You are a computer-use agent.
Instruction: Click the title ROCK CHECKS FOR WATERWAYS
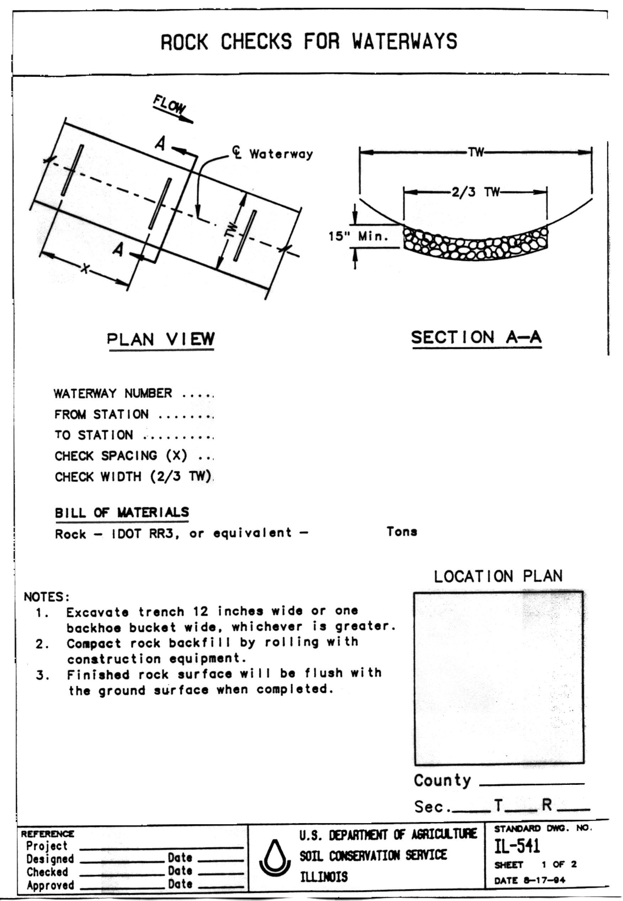[x=308, y=42]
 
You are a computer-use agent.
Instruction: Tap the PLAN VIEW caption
[x=161, y=339]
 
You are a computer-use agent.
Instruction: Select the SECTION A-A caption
[x=476, y=338]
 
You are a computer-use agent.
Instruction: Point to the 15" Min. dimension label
[x=358, y=236]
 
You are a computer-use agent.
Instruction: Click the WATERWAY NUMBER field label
[x=113, y=393]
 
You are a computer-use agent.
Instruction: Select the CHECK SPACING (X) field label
[x=121, y=455]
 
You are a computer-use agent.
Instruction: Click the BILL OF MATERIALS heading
[x=122, y=513]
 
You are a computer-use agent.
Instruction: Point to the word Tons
[x=402, y=532]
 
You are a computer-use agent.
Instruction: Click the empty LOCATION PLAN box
[x=499, y=678]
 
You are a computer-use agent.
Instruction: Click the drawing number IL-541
[x=517, y=846]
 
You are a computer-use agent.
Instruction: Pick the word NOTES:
[x=47, y=597]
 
